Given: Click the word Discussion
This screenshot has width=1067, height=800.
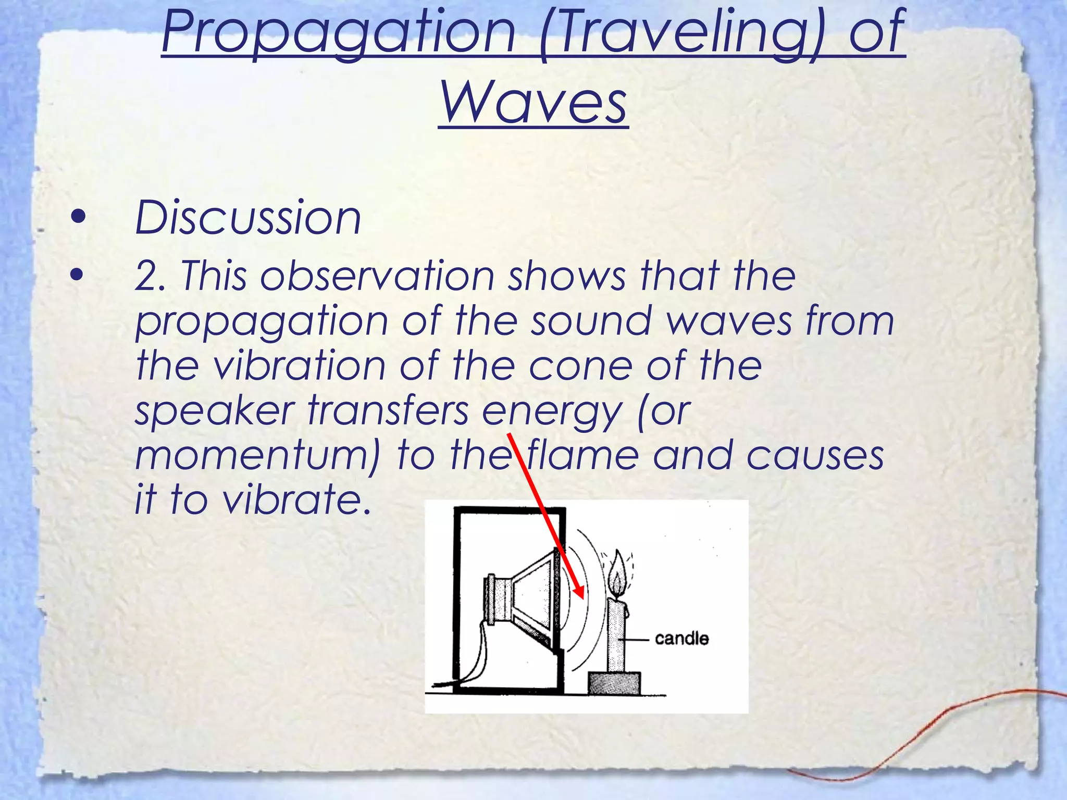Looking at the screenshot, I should pyautogui.click(x=248, y=218).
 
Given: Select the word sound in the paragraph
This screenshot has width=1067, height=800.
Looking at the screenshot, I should pyautogui.click(x=591, y=321).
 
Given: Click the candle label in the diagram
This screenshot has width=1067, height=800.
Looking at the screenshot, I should pyautogui.click(x=681, y=639).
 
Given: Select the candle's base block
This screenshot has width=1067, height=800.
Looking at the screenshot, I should pyautogui.click(x=614, y=683).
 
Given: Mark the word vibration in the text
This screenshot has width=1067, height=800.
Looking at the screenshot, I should pyautogui.click(x=299, y=367).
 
